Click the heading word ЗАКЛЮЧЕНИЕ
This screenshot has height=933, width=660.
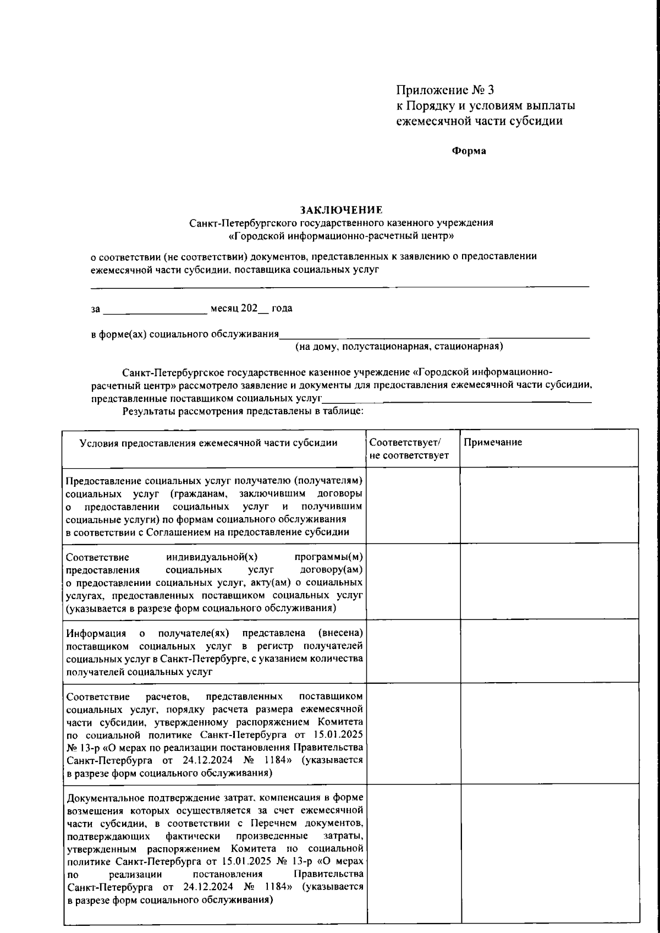tap(340, 210)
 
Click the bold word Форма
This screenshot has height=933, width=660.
tap(469, 151)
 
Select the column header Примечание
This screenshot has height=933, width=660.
tap(492, 442)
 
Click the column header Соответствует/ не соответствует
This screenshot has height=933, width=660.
tap(409, 449)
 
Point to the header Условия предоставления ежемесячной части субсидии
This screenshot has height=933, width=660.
tap(208, 443)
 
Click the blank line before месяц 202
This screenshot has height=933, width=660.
tap(155, 311)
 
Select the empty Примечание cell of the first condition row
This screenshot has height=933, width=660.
tap(549, 505)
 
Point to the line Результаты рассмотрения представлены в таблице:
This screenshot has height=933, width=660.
tap(244, 411)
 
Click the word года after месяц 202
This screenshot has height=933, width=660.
tap(282, 309)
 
